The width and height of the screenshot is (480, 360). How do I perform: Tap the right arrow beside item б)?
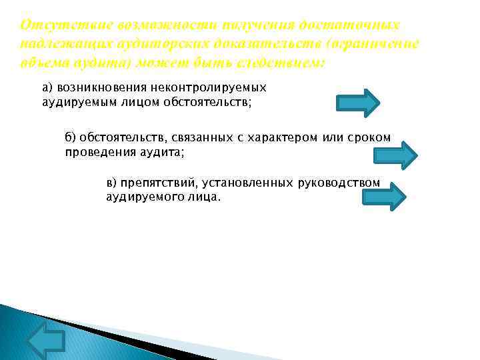click(395, 155)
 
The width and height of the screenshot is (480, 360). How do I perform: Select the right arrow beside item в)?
click(383, 197)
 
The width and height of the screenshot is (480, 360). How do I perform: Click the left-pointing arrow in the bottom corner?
click(46, 340)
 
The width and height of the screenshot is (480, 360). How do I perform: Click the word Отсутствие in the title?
click(54, 25)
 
